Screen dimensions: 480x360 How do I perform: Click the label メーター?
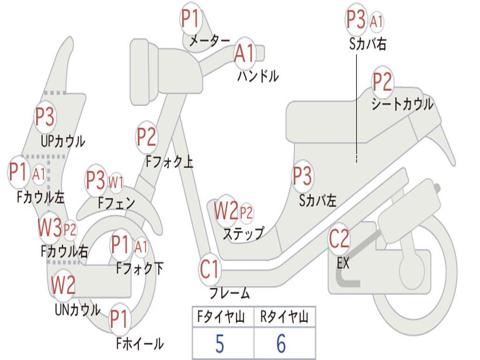point(209,41)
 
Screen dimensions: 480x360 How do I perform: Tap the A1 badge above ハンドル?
point(245,52)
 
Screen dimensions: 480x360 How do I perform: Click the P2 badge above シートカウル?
point(382,82)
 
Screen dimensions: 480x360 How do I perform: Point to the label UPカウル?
point(63,141)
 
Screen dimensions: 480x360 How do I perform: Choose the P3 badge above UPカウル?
point(45,117)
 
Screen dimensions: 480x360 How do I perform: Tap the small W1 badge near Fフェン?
point(116,182)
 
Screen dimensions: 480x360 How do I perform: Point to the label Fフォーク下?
point(140,269)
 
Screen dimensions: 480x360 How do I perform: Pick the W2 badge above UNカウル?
point(63,285)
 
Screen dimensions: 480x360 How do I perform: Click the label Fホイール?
point(140,344)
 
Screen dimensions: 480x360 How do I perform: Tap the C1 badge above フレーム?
point(210,270)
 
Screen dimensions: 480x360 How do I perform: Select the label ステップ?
point(243,233)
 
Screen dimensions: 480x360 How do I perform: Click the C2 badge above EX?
point(339,239)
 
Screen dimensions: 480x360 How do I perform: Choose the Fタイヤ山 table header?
point(223,317)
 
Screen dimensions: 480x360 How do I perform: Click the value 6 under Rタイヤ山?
point(281,344)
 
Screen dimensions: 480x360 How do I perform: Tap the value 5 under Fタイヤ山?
point(219,344)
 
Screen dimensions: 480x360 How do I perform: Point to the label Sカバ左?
point(318,201)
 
